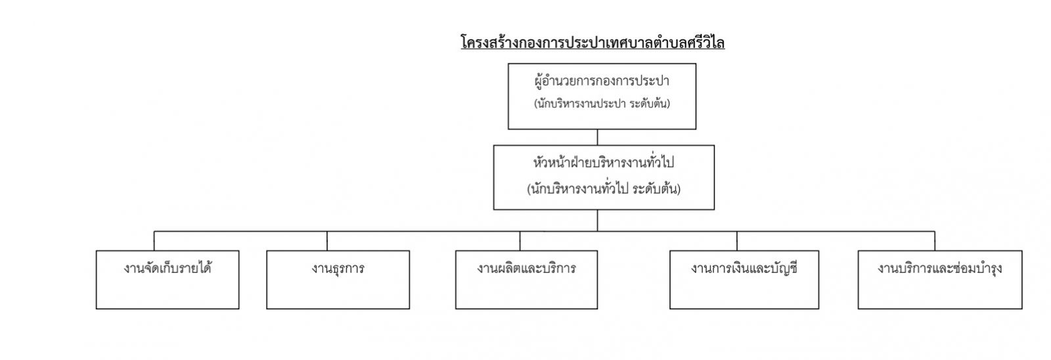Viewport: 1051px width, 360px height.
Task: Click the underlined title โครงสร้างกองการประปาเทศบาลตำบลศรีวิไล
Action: [593, 43]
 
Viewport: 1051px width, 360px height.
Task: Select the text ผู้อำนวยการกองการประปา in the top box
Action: [602, 81]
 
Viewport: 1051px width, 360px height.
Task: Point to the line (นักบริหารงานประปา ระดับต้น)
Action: [602, 104]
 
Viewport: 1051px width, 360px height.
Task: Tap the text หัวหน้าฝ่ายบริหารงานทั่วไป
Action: [604, 162]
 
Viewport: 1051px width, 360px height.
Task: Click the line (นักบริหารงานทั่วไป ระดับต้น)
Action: [604, 189]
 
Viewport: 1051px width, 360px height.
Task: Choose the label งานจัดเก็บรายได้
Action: [168, 268]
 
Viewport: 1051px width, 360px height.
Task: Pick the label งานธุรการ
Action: [338, 269]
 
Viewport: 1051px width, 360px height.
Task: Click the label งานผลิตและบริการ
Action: [526, 268]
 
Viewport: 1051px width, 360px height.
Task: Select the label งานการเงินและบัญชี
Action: [744, 268]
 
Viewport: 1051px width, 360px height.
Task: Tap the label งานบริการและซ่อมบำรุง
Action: [940, 268]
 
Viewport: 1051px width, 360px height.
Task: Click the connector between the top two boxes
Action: [597, 137]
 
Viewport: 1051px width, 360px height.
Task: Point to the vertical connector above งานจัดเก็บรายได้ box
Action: [154, 241]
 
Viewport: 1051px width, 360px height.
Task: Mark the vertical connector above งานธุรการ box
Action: [327, 241]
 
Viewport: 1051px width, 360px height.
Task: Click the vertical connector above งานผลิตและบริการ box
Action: [520, 241]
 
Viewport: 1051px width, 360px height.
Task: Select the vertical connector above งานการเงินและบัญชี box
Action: [736, 241]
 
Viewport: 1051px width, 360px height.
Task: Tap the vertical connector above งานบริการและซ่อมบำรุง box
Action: [935, 241]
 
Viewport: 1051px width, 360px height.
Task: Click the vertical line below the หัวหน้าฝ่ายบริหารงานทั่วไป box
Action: [597, 220]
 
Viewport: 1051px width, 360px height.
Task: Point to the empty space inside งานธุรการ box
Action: [338, 294]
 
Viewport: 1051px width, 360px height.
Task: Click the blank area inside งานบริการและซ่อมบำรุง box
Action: [940, 294]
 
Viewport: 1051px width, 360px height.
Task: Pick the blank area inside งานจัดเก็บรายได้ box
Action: [168, 294]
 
